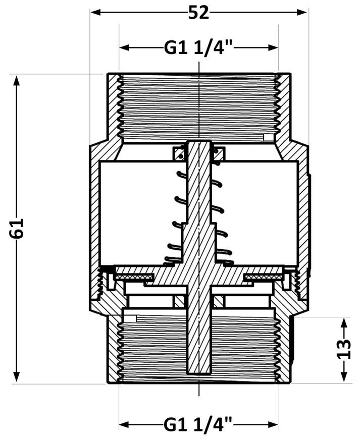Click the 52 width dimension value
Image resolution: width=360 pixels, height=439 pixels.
[x=198, y=13]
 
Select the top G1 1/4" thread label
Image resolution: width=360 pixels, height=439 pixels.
[x=198, y=48]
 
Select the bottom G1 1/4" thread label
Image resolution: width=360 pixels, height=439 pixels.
[x=198, y=424]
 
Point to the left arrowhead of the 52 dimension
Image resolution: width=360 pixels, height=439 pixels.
[x=95, y=12]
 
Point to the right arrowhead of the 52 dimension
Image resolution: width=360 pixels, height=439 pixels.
[x=302, y=12]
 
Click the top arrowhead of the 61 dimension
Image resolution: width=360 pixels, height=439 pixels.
[x=17, y=81]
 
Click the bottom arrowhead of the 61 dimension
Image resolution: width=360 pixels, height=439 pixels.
[x=17, y=377]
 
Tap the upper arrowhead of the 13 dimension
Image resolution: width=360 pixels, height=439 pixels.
[x=344, y=323]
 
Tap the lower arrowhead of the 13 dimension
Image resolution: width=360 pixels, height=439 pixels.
[x=344, y=376]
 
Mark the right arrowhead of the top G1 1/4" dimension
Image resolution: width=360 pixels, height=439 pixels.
[x=273, y=47]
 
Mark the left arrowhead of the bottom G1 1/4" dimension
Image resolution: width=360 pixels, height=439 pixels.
[x=125, y=424]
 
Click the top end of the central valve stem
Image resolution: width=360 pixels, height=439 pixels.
[x=198, y=141]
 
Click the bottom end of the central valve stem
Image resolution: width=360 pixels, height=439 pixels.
[x=198, y=373]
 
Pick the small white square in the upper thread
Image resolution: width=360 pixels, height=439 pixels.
[x=269, y=137]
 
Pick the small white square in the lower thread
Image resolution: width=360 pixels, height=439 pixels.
[x=131, y=318]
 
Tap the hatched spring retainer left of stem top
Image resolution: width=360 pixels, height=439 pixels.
[x=178, y=154]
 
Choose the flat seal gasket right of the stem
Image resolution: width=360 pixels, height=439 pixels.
[x=264, y=277]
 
